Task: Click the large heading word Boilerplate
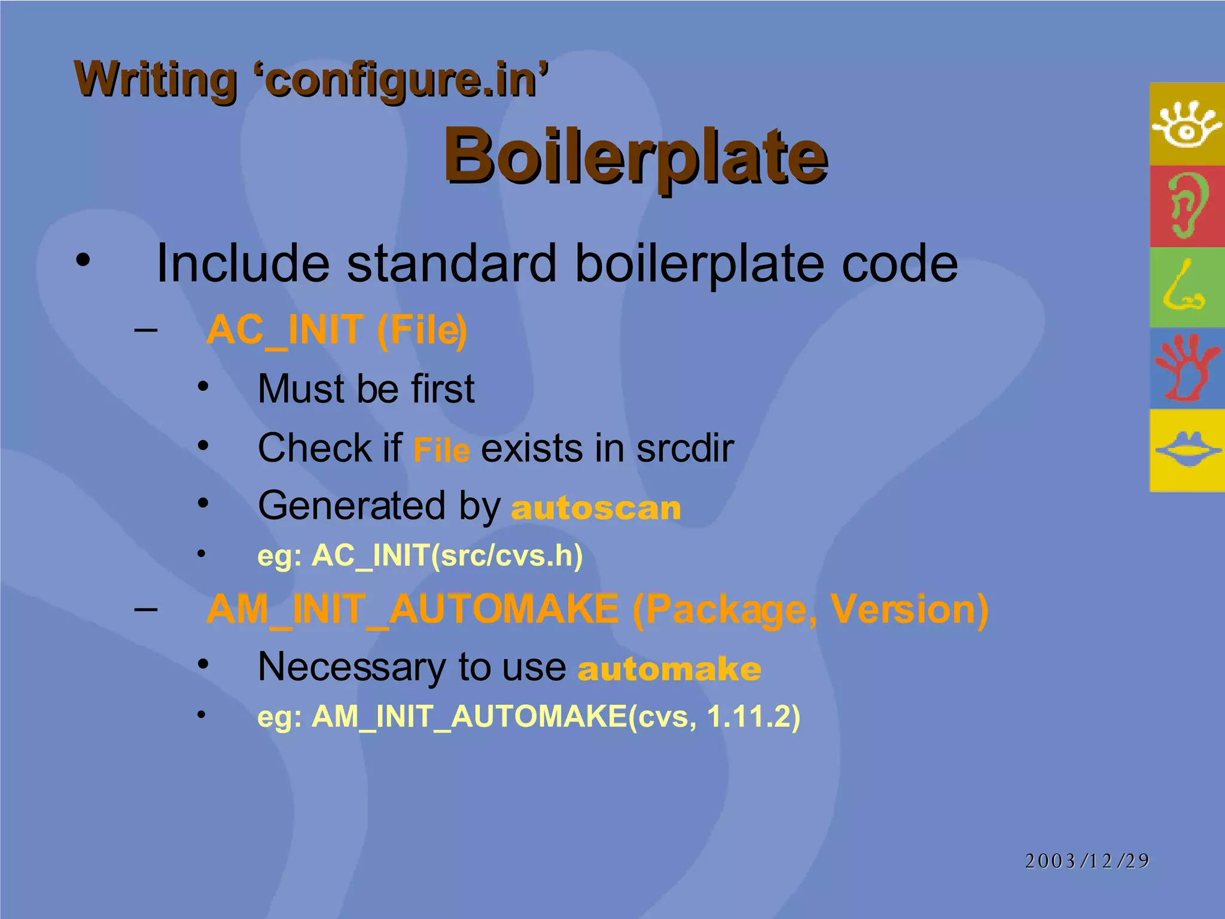[635, 157]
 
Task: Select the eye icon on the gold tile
[1187, 124]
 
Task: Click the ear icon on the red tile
[1187, 206]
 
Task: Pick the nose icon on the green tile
[1184, 288]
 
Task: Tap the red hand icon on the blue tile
[1187, 369]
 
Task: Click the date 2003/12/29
[1087, 861]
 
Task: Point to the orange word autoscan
[596, 508]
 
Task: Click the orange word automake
[669, 669]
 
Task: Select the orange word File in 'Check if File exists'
[441, 450]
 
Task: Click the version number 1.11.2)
[753, 716]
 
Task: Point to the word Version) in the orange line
[909, 610]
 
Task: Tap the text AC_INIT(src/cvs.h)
[447, 556]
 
